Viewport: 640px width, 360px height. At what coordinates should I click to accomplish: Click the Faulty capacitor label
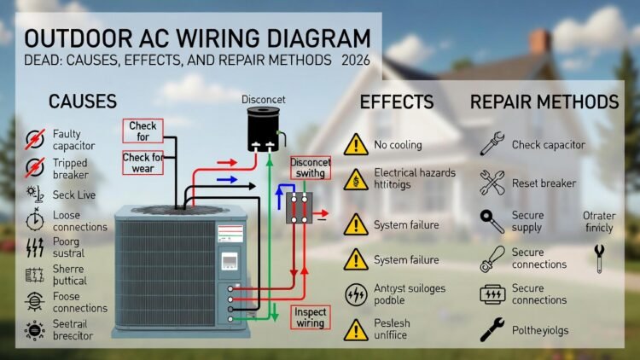coord(73,139)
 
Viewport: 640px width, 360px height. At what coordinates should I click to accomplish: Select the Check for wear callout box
coord(143,162)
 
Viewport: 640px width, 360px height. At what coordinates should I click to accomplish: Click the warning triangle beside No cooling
coord(355,144)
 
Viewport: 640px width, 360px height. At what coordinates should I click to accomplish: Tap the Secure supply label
coord(527,221)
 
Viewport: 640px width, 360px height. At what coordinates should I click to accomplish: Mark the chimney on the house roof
coord(539,43)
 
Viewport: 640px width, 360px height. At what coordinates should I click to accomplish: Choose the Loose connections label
coord(79,221)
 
